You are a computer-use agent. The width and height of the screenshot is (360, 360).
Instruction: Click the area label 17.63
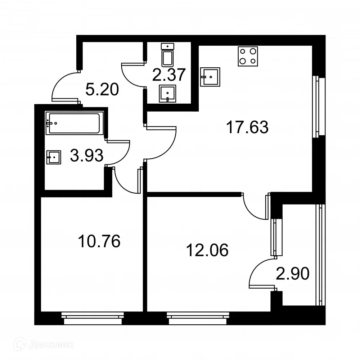(x=247, y=127)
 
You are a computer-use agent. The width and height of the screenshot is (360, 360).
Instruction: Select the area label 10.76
(x=99, y=241)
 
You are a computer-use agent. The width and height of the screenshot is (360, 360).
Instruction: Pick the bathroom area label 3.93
(x=87, y=156)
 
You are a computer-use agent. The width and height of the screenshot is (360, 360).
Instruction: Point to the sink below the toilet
(x=168, y=94)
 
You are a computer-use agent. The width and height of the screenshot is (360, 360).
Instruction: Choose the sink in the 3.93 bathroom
(x=54, y=157)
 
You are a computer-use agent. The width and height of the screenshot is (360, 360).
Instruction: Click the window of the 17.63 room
(x=317, y=107)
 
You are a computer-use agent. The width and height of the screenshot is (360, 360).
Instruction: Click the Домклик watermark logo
(x=38, y=345)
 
